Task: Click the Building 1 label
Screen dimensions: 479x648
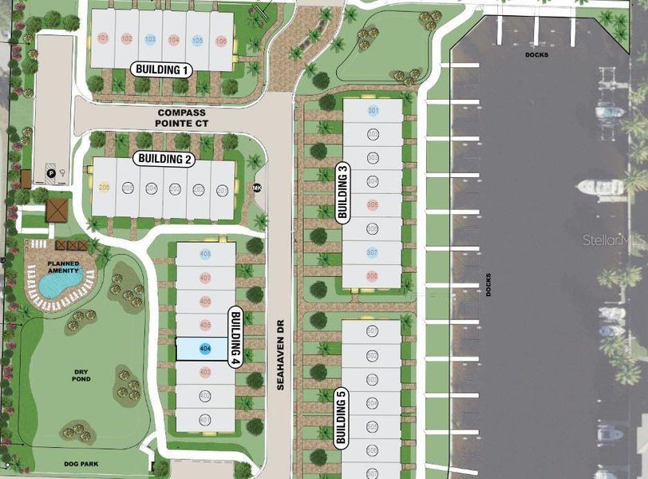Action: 162,69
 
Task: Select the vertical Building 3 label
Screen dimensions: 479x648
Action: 343,192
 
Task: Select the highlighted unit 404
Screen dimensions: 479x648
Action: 204,349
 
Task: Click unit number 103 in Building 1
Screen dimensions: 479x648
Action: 149,39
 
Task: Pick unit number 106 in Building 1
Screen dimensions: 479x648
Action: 221,40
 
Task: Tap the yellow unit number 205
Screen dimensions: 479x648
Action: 104,187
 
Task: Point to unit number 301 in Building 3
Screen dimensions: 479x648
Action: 372,110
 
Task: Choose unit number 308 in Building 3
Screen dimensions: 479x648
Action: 372,275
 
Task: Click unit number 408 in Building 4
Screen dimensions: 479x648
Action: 205,254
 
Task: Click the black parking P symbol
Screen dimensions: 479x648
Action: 51,171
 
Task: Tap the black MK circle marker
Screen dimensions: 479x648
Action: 256,188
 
